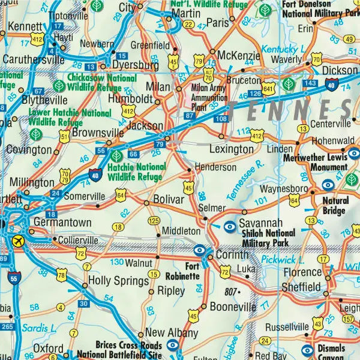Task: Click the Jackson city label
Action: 145,126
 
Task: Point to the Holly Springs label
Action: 118,281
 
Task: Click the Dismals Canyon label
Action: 331,353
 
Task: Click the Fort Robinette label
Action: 183,272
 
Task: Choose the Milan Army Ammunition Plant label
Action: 209,95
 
